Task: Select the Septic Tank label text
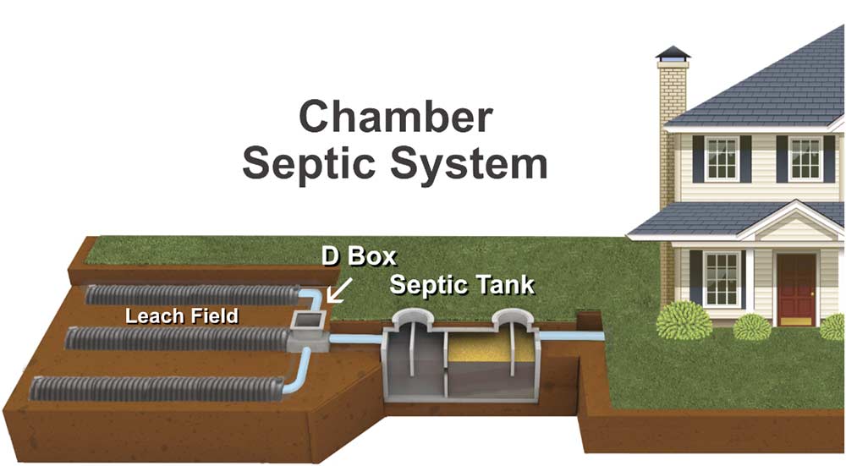click(x=462, y=284)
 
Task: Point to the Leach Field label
click(x=181, y=316)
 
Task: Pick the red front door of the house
click(x=796, y=288)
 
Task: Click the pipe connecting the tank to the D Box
click(x=354, y=338)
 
